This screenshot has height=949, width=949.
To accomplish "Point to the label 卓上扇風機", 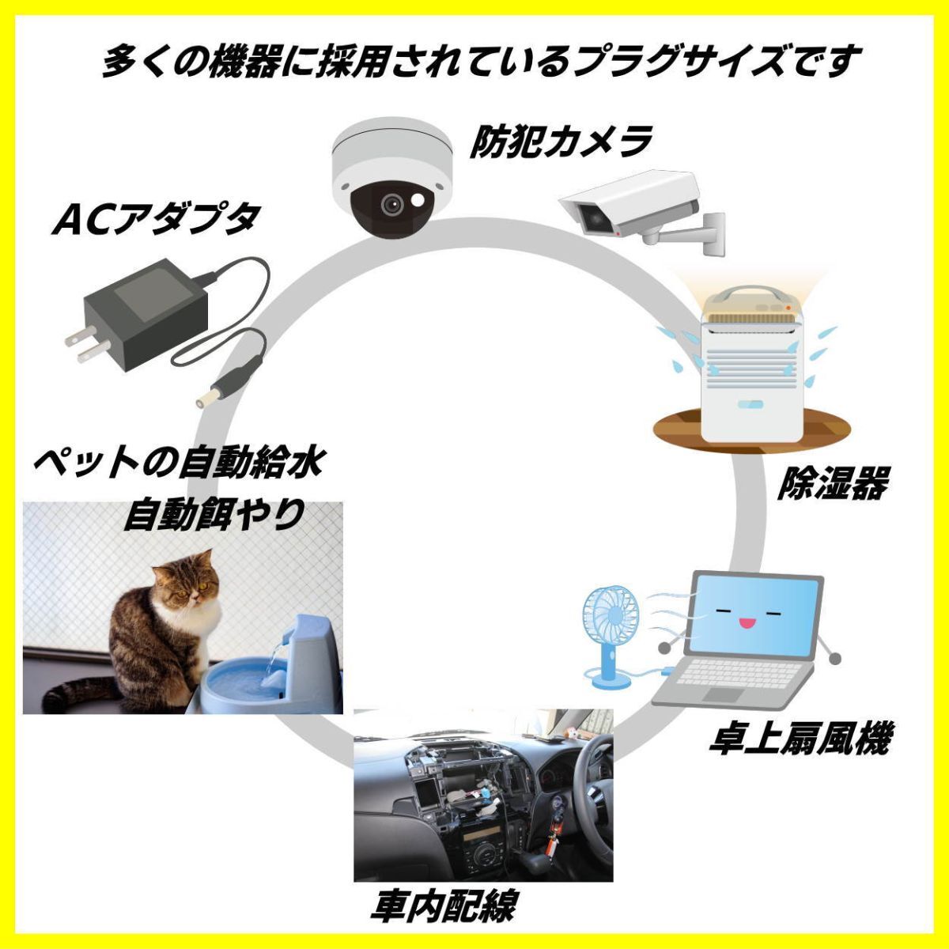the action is tap(799, 751).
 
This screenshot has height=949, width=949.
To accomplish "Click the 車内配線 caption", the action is tap(443, 904).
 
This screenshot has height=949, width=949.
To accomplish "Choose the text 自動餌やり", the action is tap(214, 514).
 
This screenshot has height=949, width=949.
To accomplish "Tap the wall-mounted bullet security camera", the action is tap(641, 212).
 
